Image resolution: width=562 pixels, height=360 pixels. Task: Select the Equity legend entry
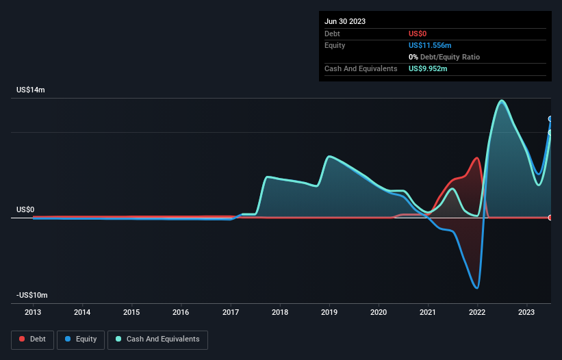(81, 339)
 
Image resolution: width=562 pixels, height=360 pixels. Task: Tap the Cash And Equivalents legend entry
(157, 339)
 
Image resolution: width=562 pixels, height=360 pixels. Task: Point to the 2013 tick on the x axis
(33, 312)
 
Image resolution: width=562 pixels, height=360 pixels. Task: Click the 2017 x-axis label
(231, 312)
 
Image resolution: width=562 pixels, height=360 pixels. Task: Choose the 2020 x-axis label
(379, 312)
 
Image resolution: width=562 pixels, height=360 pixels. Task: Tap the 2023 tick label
(526, 312)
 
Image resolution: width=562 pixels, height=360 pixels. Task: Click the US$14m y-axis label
(30, 90)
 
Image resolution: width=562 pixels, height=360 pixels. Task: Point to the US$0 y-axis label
(25, 209)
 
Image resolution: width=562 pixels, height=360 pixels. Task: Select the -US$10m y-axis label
(31, 295)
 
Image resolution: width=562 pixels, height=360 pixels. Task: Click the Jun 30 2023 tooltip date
(345, 21)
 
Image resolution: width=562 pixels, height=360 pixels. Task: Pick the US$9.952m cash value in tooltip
(429, 68)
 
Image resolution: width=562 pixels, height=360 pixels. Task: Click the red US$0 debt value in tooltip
(418, 34)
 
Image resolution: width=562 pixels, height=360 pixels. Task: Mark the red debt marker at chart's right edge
(550, 218)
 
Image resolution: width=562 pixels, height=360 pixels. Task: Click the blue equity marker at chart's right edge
(550, 119)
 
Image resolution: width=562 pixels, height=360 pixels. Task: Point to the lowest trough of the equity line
(476, 287)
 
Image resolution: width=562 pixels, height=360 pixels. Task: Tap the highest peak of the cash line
(502, 101)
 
